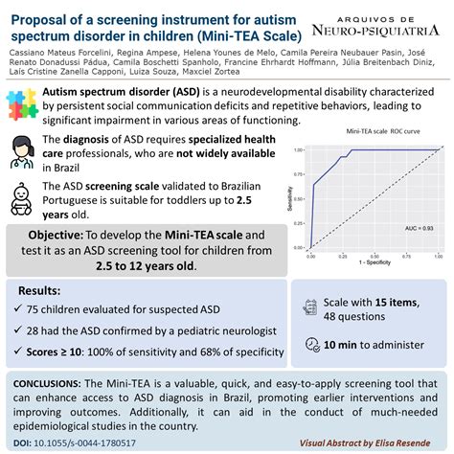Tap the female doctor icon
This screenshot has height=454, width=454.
tap(24, 151)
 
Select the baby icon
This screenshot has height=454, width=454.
tap(24, 197)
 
